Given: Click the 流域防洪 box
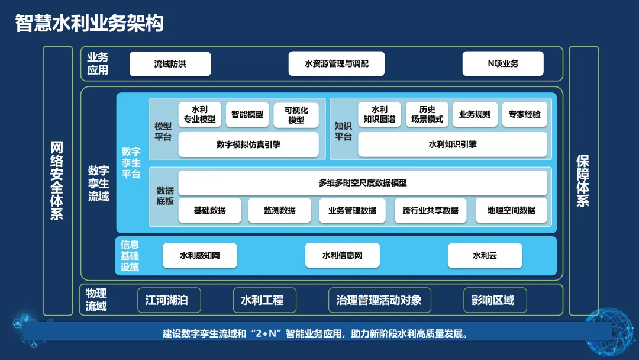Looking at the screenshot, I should coord(170,64).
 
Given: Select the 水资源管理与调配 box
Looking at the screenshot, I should coord(336,64).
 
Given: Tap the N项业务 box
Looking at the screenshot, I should coord(503,64).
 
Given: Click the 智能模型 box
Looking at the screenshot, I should coord(247,115).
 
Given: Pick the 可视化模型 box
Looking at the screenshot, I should coord(296,115).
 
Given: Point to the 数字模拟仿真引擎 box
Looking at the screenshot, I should coord(248,144).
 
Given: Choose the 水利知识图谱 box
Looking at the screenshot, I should coord(379,115).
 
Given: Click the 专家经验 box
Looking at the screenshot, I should coord(524,115).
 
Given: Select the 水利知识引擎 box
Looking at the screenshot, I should coord(452,144).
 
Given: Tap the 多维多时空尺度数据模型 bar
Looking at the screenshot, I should coord(363,183).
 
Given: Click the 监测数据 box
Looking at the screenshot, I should coord(279,211).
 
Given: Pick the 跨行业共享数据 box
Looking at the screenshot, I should coord(430,211).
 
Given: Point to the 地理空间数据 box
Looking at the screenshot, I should coord(511,211).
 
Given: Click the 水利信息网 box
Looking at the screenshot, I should coord(342,256).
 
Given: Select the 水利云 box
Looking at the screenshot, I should coord(485,256).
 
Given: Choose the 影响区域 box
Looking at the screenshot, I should coord(495,300).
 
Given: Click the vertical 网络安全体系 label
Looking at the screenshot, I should coord(57,181).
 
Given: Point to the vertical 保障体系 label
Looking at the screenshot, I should coord(583,181).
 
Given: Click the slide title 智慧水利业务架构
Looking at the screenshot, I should coord(89,23).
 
